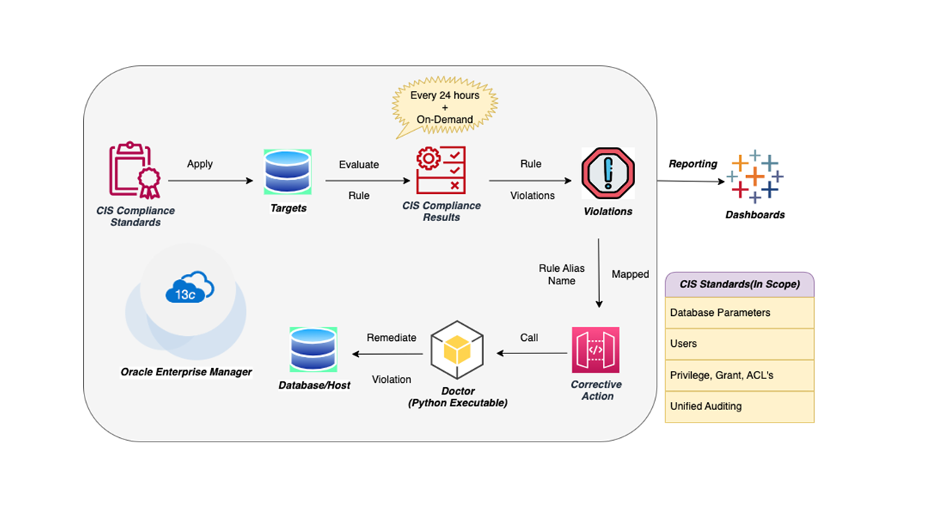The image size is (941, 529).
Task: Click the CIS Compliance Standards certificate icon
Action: tap(135, 170)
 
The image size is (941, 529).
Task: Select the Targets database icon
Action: tap(287, 172)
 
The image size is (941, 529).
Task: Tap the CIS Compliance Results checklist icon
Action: tap(441, 170)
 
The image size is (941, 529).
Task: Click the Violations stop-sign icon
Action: tap(607, 173)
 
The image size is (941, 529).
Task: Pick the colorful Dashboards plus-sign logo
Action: tap(755, 177)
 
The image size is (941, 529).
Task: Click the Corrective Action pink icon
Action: tap(595, 350)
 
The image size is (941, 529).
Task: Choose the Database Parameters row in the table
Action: tap(740, 312)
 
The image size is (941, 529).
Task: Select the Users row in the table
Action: tap(740, 344)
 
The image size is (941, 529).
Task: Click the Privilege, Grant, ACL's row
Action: tap(740, 375)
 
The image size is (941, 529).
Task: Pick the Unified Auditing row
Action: tap(740, 406)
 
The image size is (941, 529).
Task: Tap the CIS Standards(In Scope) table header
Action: tap(740, 284)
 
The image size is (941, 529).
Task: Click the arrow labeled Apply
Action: tap(210, 181)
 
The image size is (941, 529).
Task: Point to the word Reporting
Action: tap(693, 164)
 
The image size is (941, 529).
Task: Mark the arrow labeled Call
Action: tap(532, 353)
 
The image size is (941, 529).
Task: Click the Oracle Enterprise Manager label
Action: tap(186, 372)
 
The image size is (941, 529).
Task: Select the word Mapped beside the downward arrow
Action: tap(630, 274)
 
